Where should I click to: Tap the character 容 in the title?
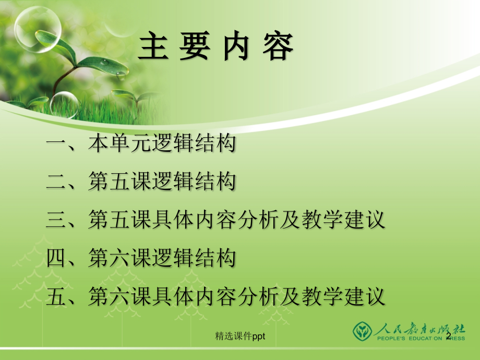(277, 46)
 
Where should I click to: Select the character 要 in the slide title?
(196, 46)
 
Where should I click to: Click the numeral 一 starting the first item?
(56, 145)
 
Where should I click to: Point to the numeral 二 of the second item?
(56, 182)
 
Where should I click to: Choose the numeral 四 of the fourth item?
(56, 258)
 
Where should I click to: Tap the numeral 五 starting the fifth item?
(56, 296)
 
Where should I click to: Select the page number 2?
(448, 337)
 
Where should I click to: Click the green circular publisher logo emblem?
(363, 331)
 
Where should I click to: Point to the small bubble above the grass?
(64, 104)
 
